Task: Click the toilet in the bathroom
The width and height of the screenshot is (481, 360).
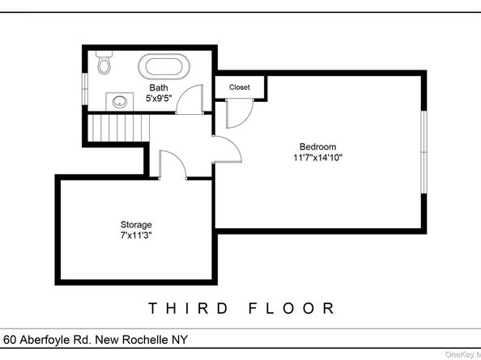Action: [x=104, y=63]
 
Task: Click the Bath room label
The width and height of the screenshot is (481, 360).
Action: [x=158, y=87]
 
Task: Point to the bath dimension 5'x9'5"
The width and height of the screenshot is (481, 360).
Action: [x=158, y=98]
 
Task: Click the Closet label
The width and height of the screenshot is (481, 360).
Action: [x=239, y=87]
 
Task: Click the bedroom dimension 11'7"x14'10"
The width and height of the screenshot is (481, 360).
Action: [x=317, y=159]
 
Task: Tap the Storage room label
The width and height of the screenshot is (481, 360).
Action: [x=136, y=224]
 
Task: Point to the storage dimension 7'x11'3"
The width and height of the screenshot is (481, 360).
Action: [x=136, y=235]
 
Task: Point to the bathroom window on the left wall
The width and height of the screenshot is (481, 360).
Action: [x=84, y=80]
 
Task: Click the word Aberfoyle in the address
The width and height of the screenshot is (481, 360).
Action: [x=51, y=340]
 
